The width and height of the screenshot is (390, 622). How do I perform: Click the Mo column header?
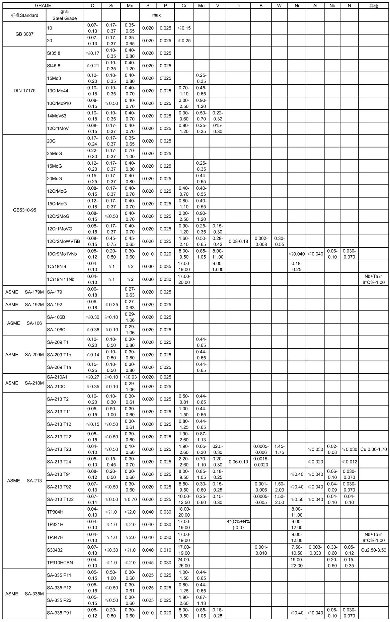(201, 6)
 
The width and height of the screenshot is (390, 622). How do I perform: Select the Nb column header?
(332, 6)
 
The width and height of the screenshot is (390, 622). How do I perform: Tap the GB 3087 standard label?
(24, 34)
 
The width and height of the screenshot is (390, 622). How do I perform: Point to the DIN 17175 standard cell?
(24, 91)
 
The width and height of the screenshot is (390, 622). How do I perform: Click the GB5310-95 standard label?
(24, 210)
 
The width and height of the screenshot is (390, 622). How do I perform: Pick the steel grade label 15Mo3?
(54, 78)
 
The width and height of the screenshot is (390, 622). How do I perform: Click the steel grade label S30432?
(55, 550)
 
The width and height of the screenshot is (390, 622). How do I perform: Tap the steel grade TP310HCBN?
(60, 562)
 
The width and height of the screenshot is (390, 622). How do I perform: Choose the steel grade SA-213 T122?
(60, 500)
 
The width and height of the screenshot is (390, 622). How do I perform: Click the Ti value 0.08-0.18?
(238, 241)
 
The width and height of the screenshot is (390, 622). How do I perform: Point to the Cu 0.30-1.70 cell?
(374, 449)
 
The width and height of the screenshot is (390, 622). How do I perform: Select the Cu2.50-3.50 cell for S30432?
(374, 550)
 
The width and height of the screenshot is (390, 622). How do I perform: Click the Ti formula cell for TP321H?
(238, 525)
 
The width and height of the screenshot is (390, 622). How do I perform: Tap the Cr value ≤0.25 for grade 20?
(184, 40)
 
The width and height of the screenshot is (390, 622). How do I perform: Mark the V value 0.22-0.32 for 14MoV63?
(218, 116)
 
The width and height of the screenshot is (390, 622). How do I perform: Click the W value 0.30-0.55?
(279, 241)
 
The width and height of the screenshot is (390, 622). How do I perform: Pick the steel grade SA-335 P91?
(59, 613)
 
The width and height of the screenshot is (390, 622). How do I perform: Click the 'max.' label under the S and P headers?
(157, 15)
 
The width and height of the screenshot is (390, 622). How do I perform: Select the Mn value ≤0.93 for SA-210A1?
(130, 377)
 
